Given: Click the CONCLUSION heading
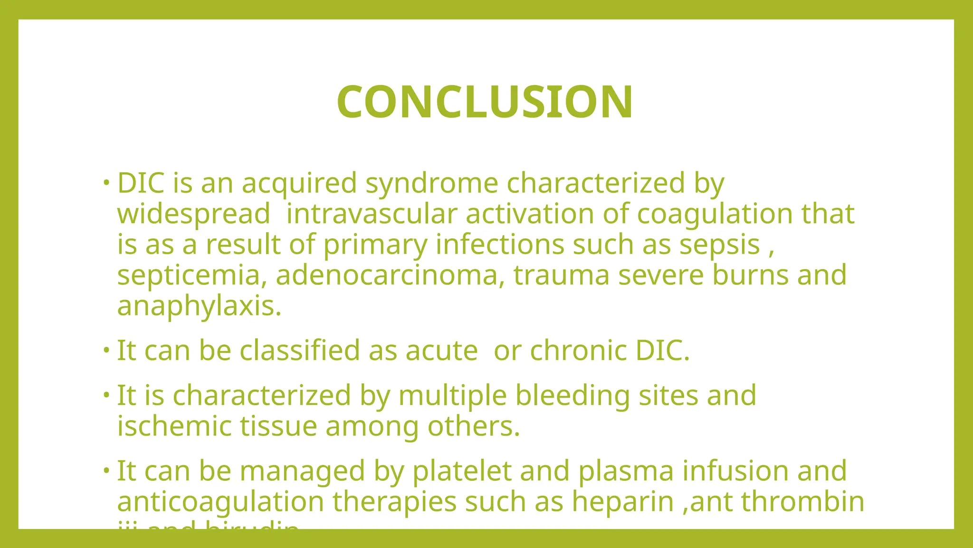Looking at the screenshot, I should tap(485, 102).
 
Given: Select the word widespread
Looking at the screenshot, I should tap(194, 214).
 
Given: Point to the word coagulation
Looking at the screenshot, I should tap(715, 214).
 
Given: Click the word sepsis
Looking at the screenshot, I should tap(719, 245).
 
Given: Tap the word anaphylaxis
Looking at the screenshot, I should tap(199, 306).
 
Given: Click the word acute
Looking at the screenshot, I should tap(441, 351).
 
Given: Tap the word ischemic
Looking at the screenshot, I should tap(174, 426).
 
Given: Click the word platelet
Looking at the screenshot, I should tap(461, 471).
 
